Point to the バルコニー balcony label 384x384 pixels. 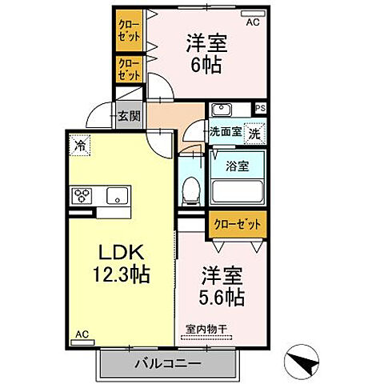pyautogui.click(x=169, y=364)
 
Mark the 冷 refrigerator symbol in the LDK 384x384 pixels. pyautogui.click(x=80, y=146)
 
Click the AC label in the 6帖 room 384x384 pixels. pyautogui.click(x=253, y=23)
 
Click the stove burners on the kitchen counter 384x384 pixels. pyautogui.click(x=84, y=194)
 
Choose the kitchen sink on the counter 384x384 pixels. pyautogui.click(x=116, y=194)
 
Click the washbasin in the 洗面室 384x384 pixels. pyautogui.click(x=222, y=110)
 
